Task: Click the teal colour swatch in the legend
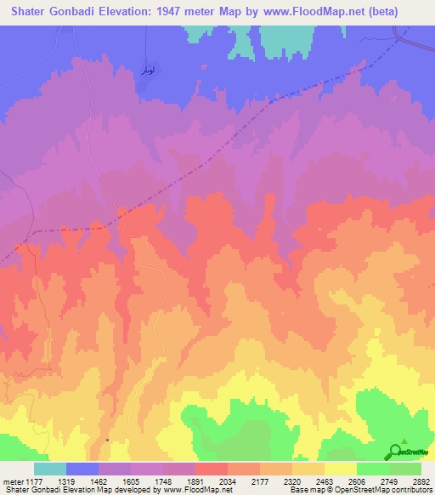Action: (x=50, y=469)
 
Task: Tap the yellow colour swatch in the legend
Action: (x=341, y=469)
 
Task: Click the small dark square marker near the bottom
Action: (x=108, y=440)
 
